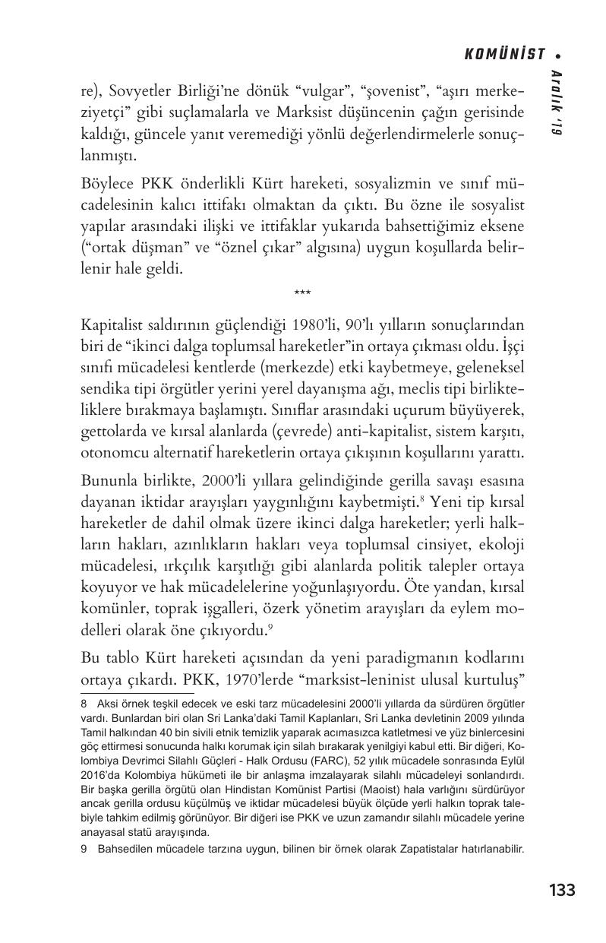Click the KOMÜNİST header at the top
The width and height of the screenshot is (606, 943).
[504, 54]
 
